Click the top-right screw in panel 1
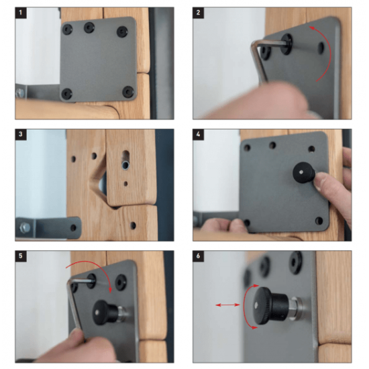pos(121,32)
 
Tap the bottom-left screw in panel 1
pos(67,93)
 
